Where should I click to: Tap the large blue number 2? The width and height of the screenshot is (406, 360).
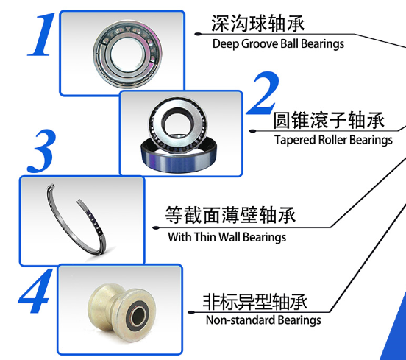pyautogui.click(x=263, y=93)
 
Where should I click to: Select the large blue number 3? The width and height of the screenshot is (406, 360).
pyautogui.click(x=41, y=151)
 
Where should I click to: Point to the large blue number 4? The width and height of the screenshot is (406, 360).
pyautogui.click(x=35, y=291)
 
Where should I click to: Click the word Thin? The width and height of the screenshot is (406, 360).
pyautogui.click(x=204, y=237)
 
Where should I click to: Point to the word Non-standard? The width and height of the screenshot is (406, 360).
pyautogui.click(x=240, y=320)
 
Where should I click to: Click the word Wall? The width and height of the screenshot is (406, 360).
pyautogui.click(x=229, y=237)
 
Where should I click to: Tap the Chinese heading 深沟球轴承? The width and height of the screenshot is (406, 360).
pyautogui.click(x=258, y=24)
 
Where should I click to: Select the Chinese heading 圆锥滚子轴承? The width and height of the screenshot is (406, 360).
pyautogui.click(x=329, y=120)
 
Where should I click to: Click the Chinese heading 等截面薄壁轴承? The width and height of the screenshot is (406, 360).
pyautogui.click(x=230, y=215)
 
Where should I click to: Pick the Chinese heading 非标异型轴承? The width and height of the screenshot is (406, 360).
pyautogui.click(x=254, y=302)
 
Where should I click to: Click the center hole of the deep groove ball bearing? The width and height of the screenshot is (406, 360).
pyautogui.click(x=127, y=54)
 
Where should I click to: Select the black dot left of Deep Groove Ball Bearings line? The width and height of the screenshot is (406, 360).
pyautogui.click(x=198, y=34)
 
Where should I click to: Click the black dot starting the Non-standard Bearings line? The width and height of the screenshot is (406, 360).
pyautogui.click(x=191, y=312)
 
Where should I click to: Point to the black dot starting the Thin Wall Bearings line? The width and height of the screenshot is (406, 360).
pyautogui.click(x=156, y=227)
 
